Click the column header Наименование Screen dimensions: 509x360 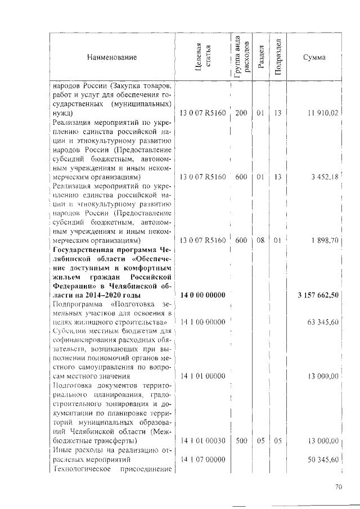(x=111, y=57)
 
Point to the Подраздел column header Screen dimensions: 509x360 (x=278, y=57)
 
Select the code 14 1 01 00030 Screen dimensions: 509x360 (x=202, y=441)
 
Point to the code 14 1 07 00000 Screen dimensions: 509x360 (x=202, y=460)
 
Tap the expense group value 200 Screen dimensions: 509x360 (x=241, y=114)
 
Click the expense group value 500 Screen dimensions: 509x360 (x=241, y=441)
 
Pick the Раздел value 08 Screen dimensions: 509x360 (x=260, y=241)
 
